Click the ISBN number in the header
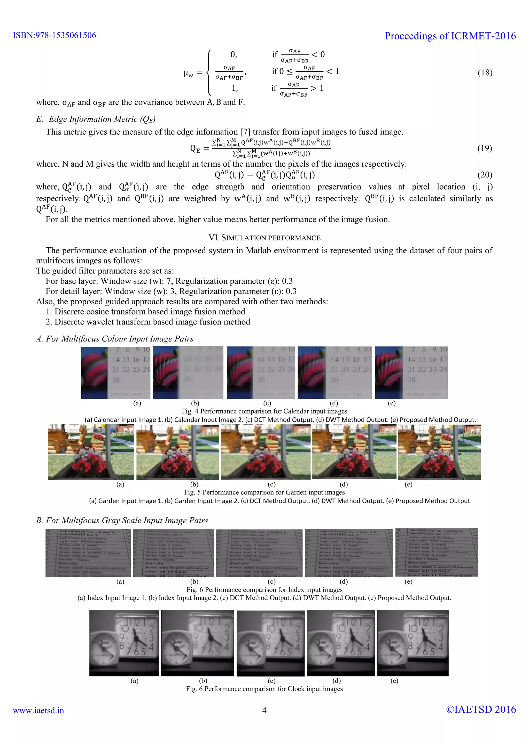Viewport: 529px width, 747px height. pos(55,35)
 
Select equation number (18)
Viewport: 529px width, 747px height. pos(485,72)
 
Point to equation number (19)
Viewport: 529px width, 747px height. pos(485,148)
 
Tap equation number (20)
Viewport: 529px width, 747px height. pos(485,175)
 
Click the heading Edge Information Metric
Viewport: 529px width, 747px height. pos(96,119)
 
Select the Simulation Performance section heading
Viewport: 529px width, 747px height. pos(264,238)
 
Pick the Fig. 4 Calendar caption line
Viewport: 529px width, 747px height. pos(264,411)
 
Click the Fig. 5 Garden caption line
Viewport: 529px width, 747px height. pos(264,492)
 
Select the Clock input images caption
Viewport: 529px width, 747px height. pos(264,689)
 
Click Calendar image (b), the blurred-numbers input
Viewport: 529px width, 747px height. pos(188,372)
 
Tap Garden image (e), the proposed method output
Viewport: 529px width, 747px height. pos(439,452)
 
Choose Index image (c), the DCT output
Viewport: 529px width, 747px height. pos(259,553)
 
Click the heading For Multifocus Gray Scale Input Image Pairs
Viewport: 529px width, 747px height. pos(122,521)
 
